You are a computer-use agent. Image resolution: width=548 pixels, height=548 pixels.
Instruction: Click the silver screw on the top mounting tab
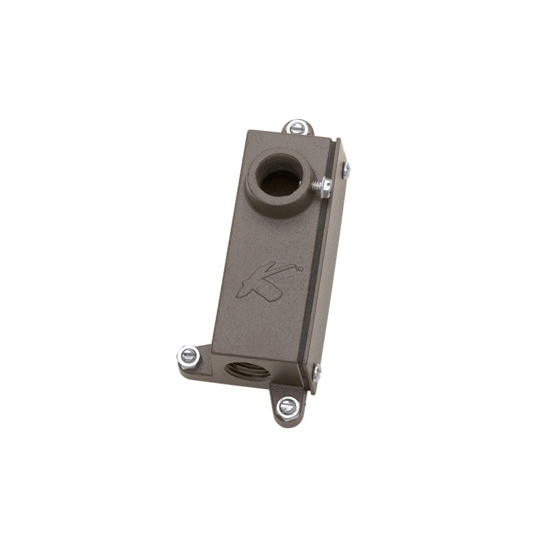coord(298,127)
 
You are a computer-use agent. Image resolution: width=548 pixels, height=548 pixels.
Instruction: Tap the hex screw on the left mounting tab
coord(189,356)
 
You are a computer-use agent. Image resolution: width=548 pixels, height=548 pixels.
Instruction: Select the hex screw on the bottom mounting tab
coord(288,407)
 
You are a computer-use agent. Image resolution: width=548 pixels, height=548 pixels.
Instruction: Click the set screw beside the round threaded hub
coord(322,186)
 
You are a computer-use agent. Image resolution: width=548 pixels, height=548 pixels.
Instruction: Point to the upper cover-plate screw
coord(346,171)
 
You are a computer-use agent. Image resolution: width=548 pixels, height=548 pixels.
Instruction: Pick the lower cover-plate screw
coord(317,372)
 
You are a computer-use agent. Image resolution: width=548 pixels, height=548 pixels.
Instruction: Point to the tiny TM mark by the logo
coord(299,269)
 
